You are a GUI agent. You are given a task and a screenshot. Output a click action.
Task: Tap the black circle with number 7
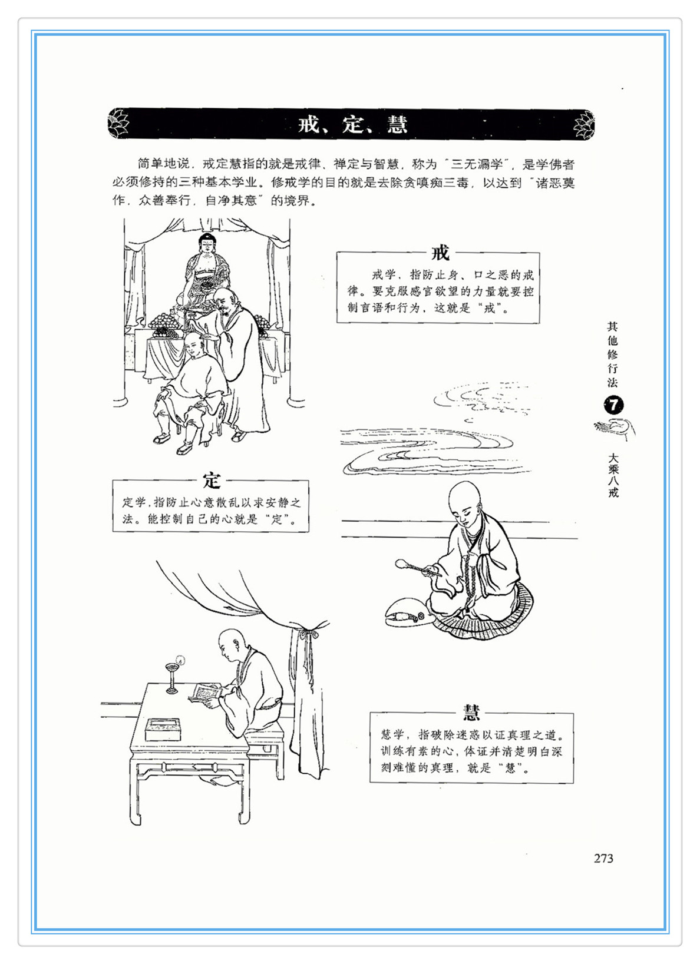point(613,405)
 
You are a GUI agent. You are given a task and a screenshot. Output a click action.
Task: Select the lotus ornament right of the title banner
point(584,125)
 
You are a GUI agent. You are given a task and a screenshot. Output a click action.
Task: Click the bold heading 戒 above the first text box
point(440,253)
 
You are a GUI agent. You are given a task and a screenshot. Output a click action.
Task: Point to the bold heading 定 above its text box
point(212,481)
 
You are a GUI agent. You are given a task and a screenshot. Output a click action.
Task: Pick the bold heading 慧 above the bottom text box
point(471,712)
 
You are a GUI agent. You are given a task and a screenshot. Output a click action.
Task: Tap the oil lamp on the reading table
point(173,677)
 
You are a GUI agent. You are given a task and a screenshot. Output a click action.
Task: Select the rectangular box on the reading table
point(163,730)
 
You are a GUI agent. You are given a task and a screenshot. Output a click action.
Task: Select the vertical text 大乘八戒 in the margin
point(613,474)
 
